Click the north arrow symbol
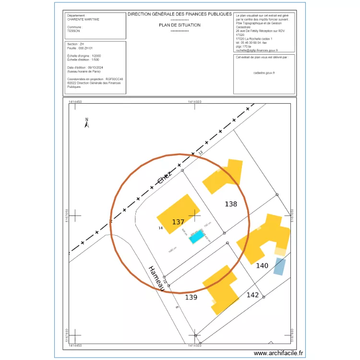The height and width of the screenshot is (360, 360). [x=87, y=123]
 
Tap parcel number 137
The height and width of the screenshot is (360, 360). [x=178, y=222]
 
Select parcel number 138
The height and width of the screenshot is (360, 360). [x=231, y=204]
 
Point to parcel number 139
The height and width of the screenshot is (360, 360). [x=191, y=298]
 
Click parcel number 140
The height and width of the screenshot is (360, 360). [x=262, y=265]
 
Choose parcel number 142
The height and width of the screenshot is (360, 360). [x=253, y=295]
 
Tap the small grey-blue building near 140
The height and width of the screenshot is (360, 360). [x=279, y=266]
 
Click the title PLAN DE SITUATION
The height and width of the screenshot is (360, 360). [x=180, y=25]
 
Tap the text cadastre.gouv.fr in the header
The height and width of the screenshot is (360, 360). [x=264, y=73]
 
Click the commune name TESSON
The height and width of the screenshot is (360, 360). [x=74, y=31]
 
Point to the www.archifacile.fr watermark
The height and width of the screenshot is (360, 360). [x=278, y=353]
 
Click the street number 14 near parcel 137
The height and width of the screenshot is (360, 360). [x=160, y=228]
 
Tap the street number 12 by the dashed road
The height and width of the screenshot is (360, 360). [x=201, y=152]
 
